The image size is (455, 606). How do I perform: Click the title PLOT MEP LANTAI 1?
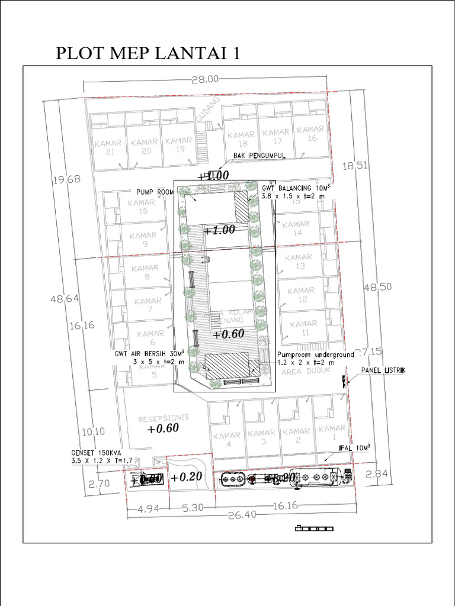pyautogui.click(x=148, y=53)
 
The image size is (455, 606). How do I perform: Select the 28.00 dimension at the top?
pyautogui.click(x=205, y=79)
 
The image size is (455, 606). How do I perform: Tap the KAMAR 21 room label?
pyautogui.click(x=107, y=147)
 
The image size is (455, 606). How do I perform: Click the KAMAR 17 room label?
pyautogui.click(x=276, y=137)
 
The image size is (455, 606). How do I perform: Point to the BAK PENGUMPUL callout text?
pyautogui.click(x=259, y=156)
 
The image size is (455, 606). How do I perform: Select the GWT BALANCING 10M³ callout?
pyautogui.click(x=295, y=188)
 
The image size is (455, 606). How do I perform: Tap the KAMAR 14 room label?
pyautogui.click(x=296, y=228)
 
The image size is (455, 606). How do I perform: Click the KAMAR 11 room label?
pyautogui.click(x=303, y=328)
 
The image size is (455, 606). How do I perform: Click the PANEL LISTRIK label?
pyautogui.click(x=383, y=370)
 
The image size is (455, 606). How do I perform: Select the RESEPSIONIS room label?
pyautogui.click(x=163, y=418)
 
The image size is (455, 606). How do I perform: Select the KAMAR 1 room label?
pyautogui.click(x=332, y=432)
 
